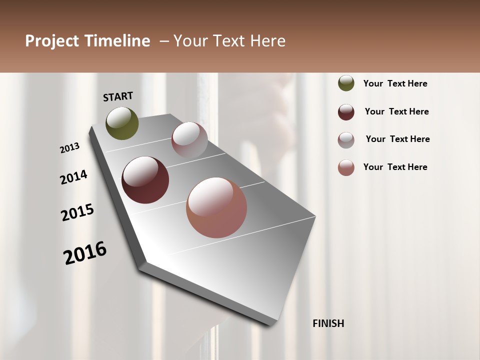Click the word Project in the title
tap(52, 41)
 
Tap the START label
tap(118, 96)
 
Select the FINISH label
tap(328, 323)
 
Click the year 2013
tap(70, 148)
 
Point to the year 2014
tap(74, 177)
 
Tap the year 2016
tap(85, 253)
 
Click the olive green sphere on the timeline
tap(122, 123)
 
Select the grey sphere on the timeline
tap(189, 139)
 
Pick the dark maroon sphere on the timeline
tap(145, 180)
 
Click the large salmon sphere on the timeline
tap(216, 207)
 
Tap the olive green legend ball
tap(346, 83)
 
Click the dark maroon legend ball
tap(346, 112)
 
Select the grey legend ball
tap(346, 140)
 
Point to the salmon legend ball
tap(346, 167)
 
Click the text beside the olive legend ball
tap(395, 83)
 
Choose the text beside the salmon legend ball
tap(395, 167)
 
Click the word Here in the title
tap(268, 41)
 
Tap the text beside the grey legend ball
tap(397, 139)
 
